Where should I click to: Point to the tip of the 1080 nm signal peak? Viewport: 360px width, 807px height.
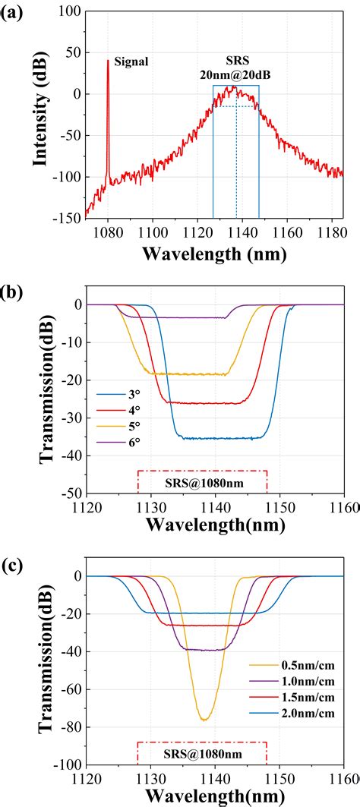108,61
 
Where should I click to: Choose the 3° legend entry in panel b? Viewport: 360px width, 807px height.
131,394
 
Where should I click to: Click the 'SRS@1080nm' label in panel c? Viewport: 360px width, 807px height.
202,757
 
